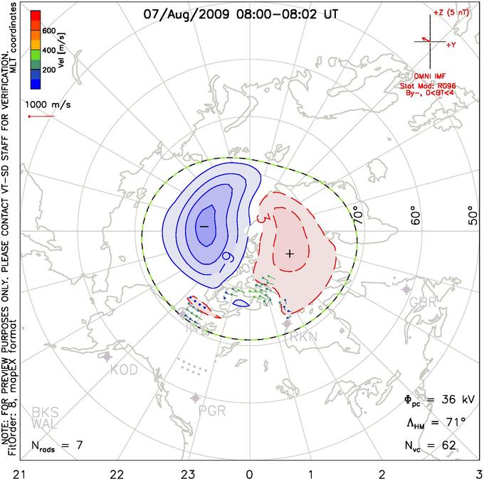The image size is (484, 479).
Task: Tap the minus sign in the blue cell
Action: coord(204,225)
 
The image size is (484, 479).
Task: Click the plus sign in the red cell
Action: coord(290,253)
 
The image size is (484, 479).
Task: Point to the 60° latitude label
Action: coord(417,214)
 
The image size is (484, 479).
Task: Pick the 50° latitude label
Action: coord(472,214)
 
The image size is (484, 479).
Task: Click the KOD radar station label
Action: coord(122,370)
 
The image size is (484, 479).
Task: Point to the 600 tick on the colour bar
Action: coord(48,31)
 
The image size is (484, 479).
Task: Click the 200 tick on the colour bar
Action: coord(48,70)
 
